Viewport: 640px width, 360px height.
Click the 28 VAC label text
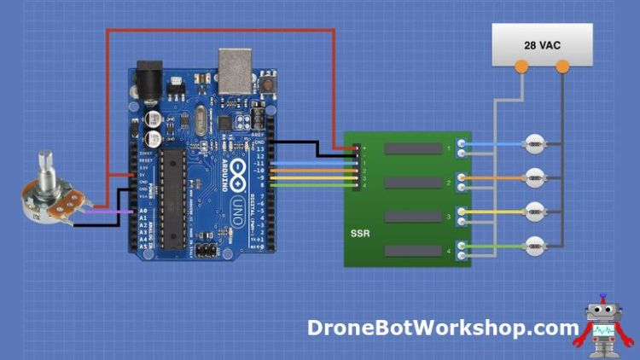click(x=542, y=44)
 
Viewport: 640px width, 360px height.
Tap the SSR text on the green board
click(x=360, y=231)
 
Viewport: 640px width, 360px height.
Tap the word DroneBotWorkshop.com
click(x=443, y=328)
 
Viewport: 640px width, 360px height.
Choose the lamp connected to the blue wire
click(x=534, y=144)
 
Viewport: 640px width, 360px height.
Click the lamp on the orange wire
click(x=534, y=177)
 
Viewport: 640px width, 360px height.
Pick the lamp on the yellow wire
click(x=534, y=211)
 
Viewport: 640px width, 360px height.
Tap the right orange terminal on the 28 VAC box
click(x=562, y=66)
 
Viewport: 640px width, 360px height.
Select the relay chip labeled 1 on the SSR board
click(x=413, y=149)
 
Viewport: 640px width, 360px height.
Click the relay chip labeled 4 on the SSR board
click(x=413, y=250)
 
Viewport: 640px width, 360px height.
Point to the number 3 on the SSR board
click(x=449, y=217)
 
